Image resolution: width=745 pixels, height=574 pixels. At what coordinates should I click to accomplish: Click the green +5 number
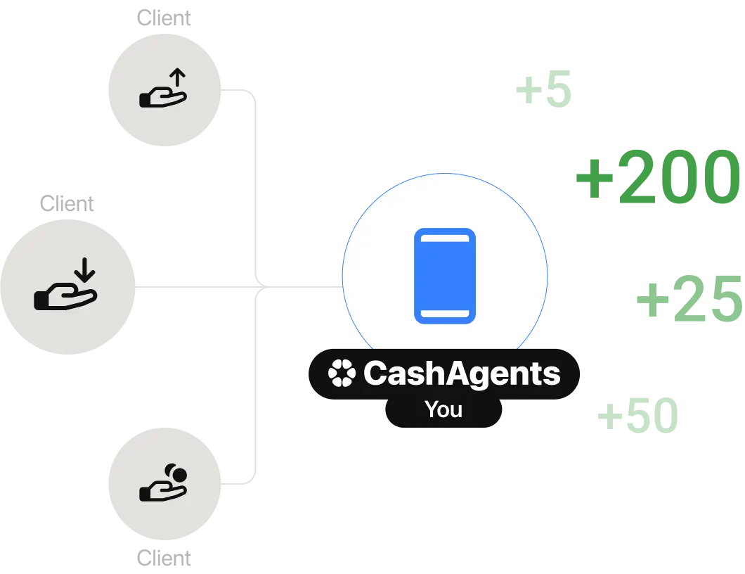point(543,91)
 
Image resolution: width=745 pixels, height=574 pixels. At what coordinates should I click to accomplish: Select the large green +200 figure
point(658,177)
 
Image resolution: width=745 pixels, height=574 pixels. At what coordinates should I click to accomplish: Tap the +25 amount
point(689,299)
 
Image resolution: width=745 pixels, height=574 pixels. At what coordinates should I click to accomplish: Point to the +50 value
point(637,415)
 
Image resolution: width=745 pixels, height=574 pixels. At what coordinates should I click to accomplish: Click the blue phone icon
point(445,276)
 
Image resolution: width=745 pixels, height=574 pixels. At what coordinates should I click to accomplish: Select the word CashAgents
point(462,374)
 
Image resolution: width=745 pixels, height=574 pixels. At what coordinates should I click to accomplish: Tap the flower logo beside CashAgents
point(342,374)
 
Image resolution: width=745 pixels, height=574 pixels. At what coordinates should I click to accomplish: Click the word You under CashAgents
point(443,409)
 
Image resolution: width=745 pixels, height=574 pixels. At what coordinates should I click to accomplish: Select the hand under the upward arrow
point(162,99)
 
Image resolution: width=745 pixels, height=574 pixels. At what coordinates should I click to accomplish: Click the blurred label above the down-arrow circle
point(67,205)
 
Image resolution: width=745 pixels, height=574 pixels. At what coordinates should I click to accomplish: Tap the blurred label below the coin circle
point(164,559)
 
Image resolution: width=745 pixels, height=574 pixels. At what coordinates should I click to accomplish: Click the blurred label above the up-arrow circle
point(164,18)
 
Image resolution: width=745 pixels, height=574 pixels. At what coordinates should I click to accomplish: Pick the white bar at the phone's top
point(445,241)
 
